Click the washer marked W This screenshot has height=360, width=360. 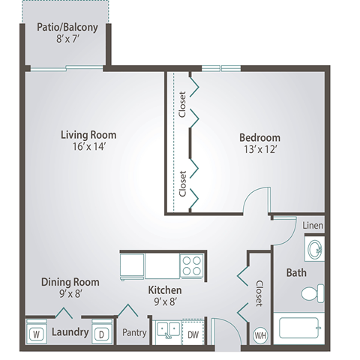click(x=37, y=331)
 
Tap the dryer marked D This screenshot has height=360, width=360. click(x=102, y=331)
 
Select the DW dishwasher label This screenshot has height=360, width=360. click(x=193, y=334)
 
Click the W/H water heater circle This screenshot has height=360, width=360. click(x=260, y=335)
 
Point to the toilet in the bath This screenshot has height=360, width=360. click(x=313, y=293)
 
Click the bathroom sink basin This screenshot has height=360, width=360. click(x=315, y=249)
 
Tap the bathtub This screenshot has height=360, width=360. click(x=299, y=328)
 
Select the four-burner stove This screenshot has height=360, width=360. click(x=192, y=265)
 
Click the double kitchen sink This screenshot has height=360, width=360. click(x=168, y=330)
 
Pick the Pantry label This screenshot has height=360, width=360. click(x=134, y=333)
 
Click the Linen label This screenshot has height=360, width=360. click(x=313, y=226)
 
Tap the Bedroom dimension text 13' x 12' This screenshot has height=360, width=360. click(x=260, y=149)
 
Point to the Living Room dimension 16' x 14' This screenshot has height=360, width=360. click(x=88, y=146)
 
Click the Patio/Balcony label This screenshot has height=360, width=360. click(x=67, y=28)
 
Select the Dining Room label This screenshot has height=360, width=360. click(x=70, y=282)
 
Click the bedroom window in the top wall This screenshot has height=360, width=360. click(x=221, y=68)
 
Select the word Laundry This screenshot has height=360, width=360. click(x=70, y=332)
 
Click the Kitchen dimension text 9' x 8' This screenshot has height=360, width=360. click(x=166, y=302)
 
